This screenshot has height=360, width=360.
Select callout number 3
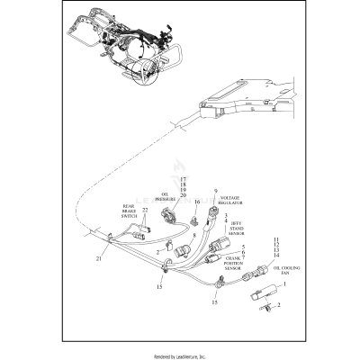(x=226, y=217)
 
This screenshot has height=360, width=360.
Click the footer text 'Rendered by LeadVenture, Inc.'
(x=180, y=353)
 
